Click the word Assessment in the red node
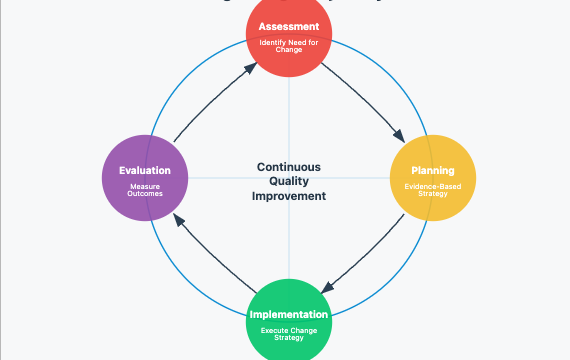[289, 25]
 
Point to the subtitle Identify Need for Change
[289, 45]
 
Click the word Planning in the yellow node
[432, 170]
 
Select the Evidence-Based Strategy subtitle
[432, 190]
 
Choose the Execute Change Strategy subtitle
[289, 333]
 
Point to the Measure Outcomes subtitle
[145, 190]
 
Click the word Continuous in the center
[289, 167]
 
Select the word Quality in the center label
[289, 181]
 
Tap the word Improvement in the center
[289, 196]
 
